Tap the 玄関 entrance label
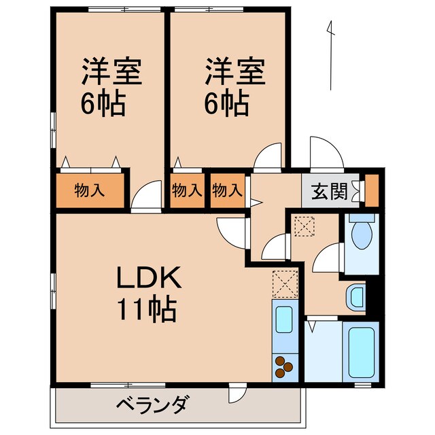[328, 191]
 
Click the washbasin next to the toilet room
[355, 296]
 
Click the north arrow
[331, 54]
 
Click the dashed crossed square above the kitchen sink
[284, 283]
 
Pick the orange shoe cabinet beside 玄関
[371, 191]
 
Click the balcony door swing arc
[239, 394]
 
